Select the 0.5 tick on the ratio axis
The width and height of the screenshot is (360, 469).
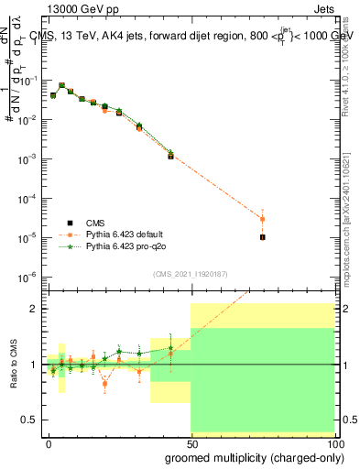pos(32,420)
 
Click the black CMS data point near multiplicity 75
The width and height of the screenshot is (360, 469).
pos(262,237)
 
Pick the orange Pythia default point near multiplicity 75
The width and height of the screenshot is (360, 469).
pos(262,219)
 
